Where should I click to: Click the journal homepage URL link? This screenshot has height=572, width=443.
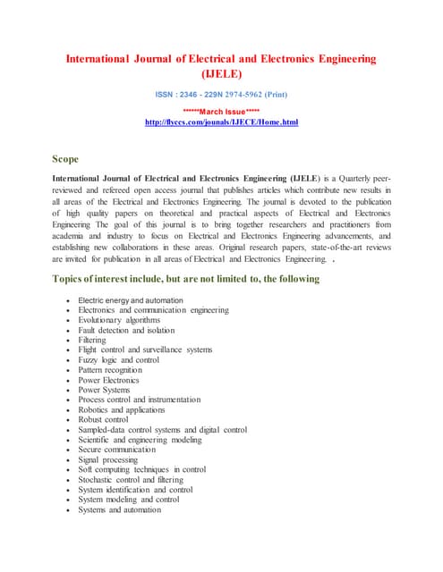(x=221, y=121)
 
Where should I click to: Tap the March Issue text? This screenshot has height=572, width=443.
(x=221, y=111)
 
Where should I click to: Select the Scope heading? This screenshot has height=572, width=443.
(x=65, y=159)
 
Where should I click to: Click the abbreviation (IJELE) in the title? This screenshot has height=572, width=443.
(x=221, y=75)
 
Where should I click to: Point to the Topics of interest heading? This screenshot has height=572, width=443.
(x=186, y=280)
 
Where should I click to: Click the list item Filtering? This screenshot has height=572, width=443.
(x=91, y=340)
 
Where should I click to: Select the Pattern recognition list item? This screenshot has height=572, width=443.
(x=110, y=369)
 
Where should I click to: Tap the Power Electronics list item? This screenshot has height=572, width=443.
(x=109, y=380)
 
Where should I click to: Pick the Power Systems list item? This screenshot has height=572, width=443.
(x=104, y=390)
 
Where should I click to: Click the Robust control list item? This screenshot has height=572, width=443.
(x=103, y=419)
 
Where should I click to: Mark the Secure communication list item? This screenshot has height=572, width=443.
(x=116, y=450)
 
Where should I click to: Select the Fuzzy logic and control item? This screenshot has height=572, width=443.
(x=116, y=359)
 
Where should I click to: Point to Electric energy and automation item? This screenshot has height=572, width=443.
(x=131, y=299)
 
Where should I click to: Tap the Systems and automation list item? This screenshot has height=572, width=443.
(x=119, y=509)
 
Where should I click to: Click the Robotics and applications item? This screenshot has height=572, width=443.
(x=121, y=409)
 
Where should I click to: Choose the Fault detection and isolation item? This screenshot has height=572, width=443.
(x=120, y=330)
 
